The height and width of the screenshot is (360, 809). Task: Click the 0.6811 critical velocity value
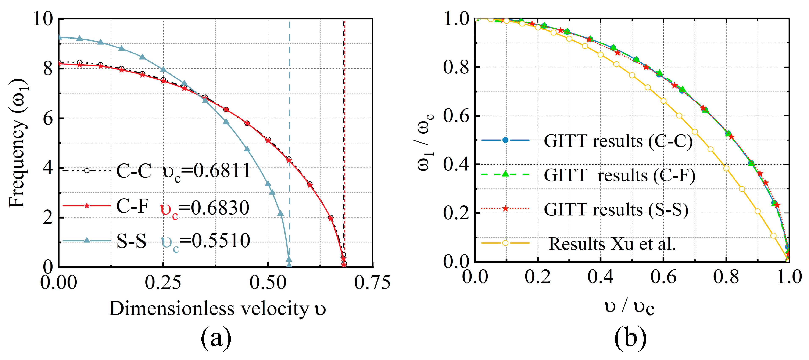coord(222,171)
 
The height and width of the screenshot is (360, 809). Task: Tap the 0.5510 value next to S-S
coord(221,241)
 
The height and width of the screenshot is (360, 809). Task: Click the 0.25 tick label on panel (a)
coord(163,282)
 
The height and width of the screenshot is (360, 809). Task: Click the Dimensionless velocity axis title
coord(217,309)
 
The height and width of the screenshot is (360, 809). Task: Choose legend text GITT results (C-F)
coord(619,176)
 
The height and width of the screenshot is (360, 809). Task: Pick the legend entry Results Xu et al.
coord(612,244)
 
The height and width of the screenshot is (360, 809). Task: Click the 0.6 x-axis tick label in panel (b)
coord(663,277)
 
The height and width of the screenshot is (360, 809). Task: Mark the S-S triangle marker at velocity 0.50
coord(268,184)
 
